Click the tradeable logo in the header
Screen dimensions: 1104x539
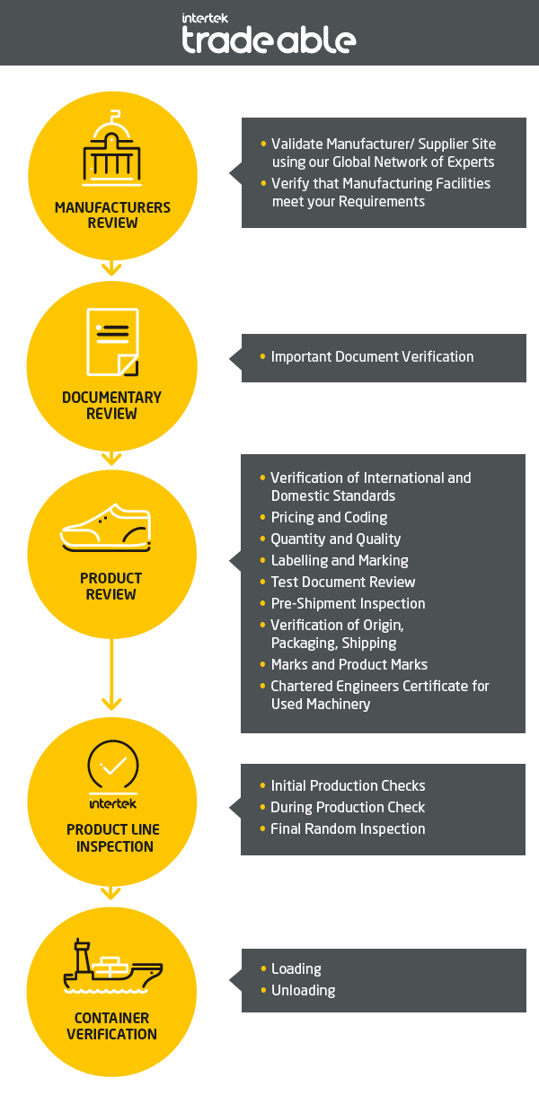[269, 34]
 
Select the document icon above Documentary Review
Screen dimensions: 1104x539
[112, 342]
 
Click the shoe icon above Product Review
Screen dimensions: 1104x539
[106, 529]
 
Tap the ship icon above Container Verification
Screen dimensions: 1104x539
[113, 968]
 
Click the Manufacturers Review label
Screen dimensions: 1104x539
[112, 215]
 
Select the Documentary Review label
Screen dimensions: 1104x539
[112, 406]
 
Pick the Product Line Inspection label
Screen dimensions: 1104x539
[112, 838]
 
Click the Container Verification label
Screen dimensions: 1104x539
[112, 1026]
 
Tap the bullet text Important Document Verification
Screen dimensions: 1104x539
[372, 357]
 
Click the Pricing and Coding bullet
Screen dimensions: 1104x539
[329, 518]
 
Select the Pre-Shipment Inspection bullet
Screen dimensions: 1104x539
[348, 604]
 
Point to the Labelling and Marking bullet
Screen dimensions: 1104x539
[340, 561]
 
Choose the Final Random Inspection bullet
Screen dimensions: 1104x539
[348, 829]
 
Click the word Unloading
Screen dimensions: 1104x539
[303, 991]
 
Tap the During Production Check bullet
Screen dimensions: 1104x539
[348, 808]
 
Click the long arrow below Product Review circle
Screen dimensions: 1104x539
[111, 673]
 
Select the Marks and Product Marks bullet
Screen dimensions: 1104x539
[349, 665]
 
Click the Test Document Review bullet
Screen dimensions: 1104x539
[343, 583]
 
